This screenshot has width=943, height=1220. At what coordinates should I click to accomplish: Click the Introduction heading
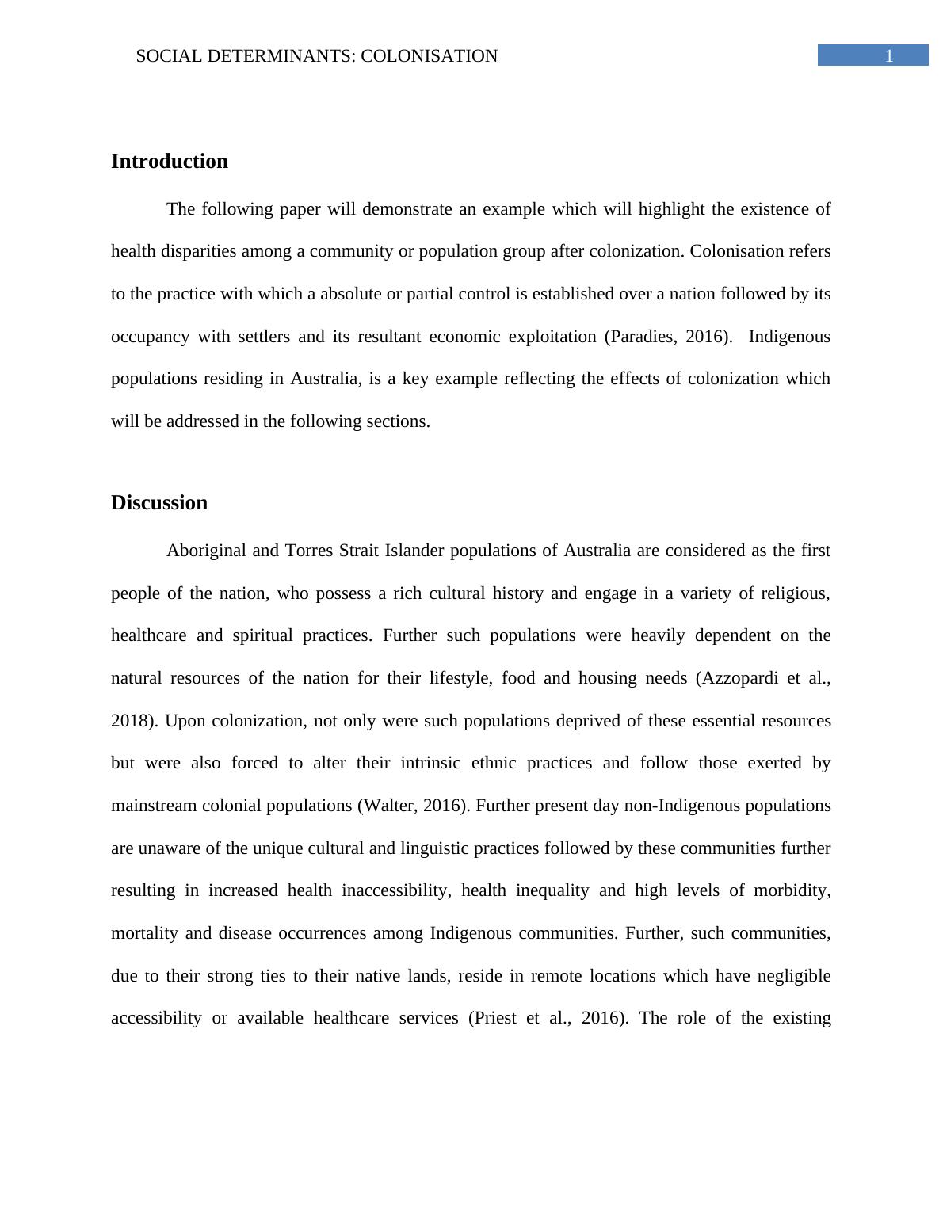169,162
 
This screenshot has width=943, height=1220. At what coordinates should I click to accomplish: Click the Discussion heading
159,503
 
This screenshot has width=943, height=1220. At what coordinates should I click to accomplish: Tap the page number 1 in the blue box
889,56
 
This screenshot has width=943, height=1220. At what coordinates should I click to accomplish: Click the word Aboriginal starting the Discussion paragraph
205,551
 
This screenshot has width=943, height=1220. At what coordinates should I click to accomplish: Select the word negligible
793,975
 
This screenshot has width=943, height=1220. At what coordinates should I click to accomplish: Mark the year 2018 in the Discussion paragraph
132,721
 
